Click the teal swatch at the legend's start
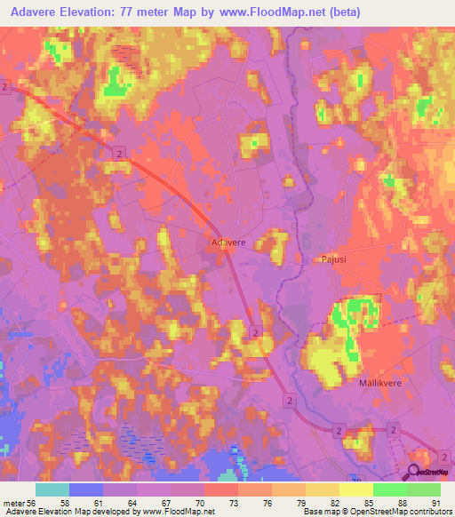point(52,489)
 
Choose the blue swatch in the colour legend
point(86,489)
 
